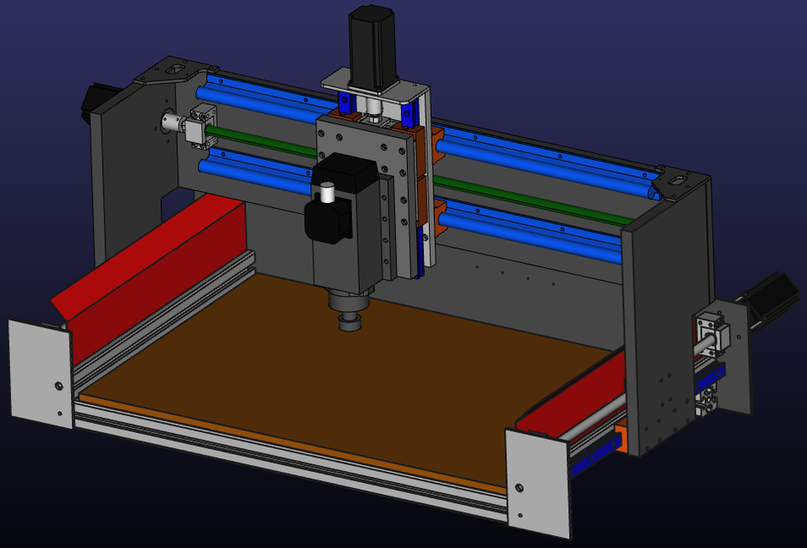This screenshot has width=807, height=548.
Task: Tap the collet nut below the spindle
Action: [350, 321]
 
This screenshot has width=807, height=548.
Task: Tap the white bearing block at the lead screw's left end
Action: [202, 124]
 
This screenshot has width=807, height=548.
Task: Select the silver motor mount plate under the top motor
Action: [374, 87]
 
